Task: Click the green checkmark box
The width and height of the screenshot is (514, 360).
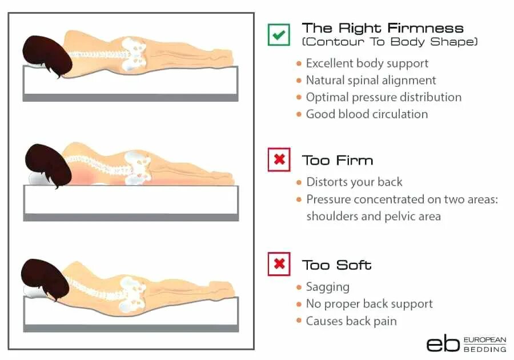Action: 279,34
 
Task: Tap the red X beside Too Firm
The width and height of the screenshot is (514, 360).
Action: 279,160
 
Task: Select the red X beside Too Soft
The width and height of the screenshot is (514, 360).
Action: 279,264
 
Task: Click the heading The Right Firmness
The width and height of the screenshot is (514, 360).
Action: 383,28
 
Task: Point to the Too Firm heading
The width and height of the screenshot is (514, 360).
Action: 338,160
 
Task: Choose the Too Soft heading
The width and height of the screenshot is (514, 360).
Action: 337,265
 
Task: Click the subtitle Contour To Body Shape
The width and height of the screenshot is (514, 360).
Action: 390,42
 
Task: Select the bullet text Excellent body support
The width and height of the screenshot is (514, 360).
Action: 367,63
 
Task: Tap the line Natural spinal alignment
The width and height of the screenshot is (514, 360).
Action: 371,81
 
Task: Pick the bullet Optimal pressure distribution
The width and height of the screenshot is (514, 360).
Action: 383,97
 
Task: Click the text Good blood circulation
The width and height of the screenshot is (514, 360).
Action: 367,114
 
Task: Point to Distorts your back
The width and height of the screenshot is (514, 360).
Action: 354,182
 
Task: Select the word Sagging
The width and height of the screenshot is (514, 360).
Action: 327,287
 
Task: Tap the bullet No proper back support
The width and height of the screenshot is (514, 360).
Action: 369,304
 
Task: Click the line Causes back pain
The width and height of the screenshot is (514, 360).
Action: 351,321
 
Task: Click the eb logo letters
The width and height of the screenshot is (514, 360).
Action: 443,342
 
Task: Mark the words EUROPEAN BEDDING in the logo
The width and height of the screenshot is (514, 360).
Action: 485,344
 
